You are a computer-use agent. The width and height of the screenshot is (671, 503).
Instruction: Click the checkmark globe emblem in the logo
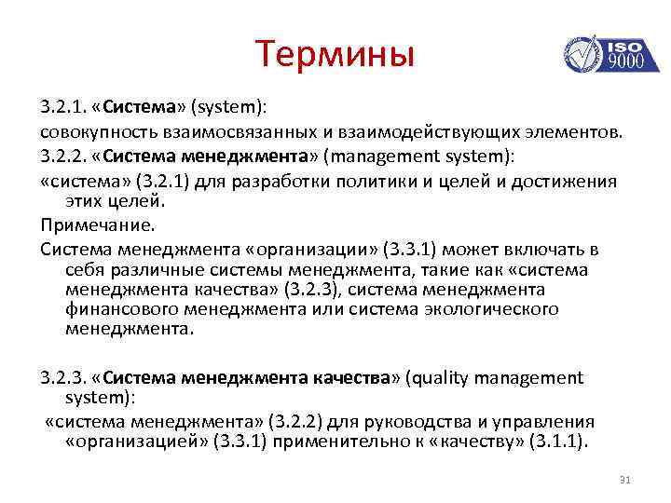[x=582, y=55]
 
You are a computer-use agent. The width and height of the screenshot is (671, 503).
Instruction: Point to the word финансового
[x=114, y=309]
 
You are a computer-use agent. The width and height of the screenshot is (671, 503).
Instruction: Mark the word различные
[x=153, y=270]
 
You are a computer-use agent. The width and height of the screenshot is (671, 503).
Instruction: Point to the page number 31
[x=625, y=480]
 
